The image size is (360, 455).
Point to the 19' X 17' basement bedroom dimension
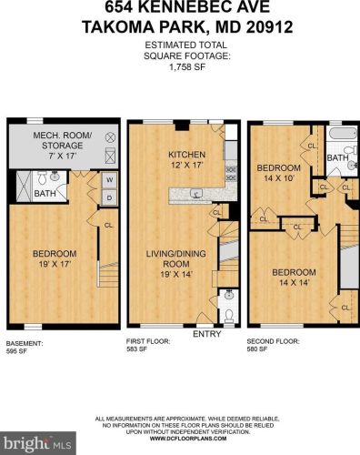[54, 264]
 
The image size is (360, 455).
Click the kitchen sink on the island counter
[196, 193]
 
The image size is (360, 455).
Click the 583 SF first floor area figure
[139, 350]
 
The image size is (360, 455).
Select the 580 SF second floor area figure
[260, 350]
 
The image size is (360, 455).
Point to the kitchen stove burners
[231, 171]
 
